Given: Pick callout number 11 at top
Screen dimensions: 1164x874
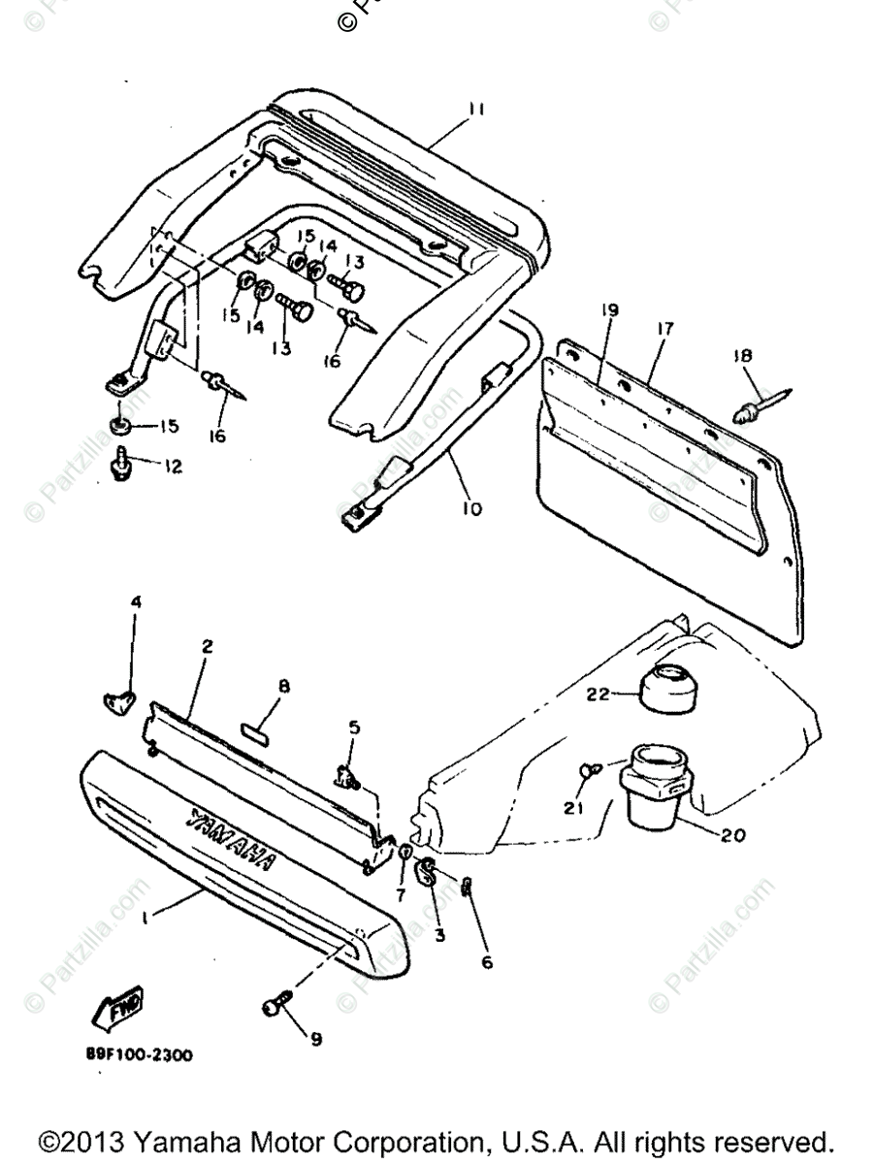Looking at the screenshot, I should click(x=476, y=111).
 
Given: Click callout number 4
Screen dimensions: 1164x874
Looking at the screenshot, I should click(x=137, y=601).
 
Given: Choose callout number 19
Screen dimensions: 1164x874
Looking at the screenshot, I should click(x=608, y=311).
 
